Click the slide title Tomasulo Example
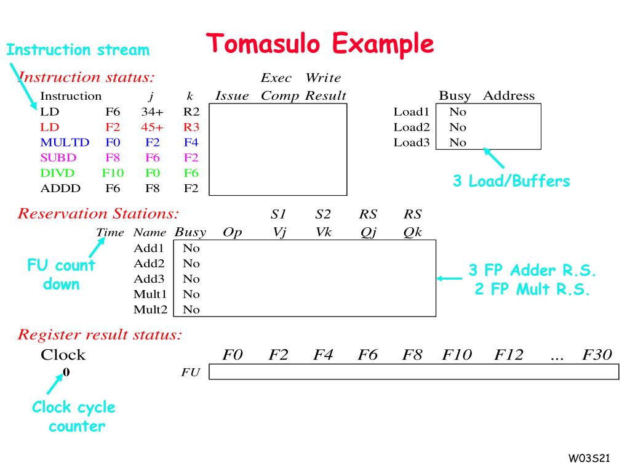[320, 44]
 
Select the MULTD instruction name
[65, 142]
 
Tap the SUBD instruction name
[58, 158]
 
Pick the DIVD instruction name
[58, 173]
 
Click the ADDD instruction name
[60, 188]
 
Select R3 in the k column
[191, 127]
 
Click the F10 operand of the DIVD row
[113, 173]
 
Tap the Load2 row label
[411, 127]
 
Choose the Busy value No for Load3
[458, 142]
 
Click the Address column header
[509, 95]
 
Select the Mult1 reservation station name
[150, 294]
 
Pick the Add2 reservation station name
[149, 264]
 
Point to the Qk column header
[412, 232]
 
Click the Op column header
[233, 232]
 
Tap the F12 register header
[509, 355]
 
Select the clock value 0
[66, 372]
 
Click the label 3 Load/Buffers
[511, 181]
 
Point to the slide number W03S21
[589, 458]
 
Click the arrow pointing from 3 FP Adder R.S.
[449, 278]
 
